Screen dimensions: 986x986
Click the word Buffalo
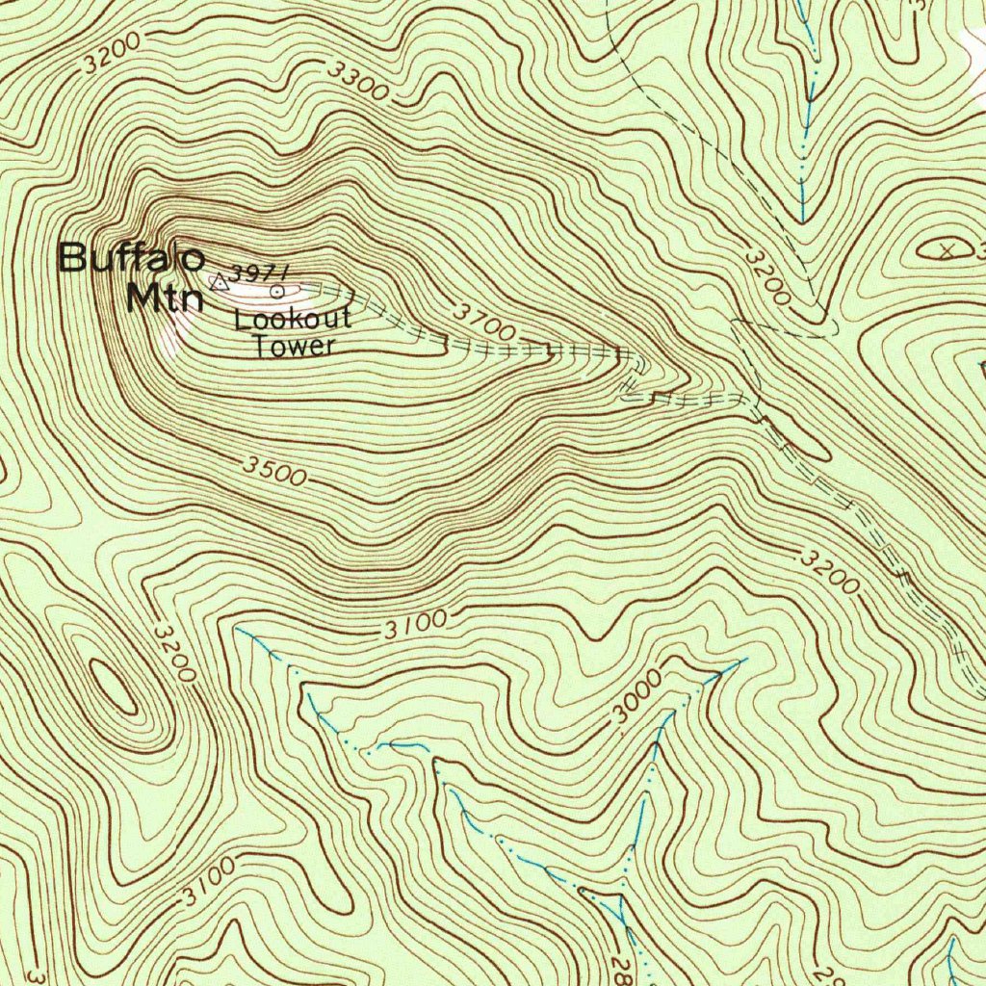pos(131,258)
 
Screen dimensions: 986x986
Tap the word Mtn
pos(165,298)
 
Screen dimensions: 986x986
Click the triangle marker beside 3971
pos(220,281)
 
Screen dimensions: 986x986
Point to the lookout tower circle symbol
pos(278,289)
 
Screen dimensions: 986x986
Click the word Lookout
pos(293,321)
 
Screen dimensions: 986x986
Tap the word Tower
pos(294,347)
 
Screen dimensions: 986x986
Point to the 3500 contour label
pos(274,472)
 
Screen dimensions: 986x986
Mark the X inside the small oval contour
pos(947,250)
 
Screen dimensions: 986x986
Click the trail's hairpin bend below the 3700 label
pos(636,364)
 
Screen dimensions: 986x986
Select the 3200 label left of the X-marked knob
pos(768,276)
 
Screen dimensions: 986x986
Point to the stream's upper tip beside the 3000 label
pos(743,661)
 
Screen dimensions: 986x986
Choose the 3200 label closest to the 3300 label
pos(112,53)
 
